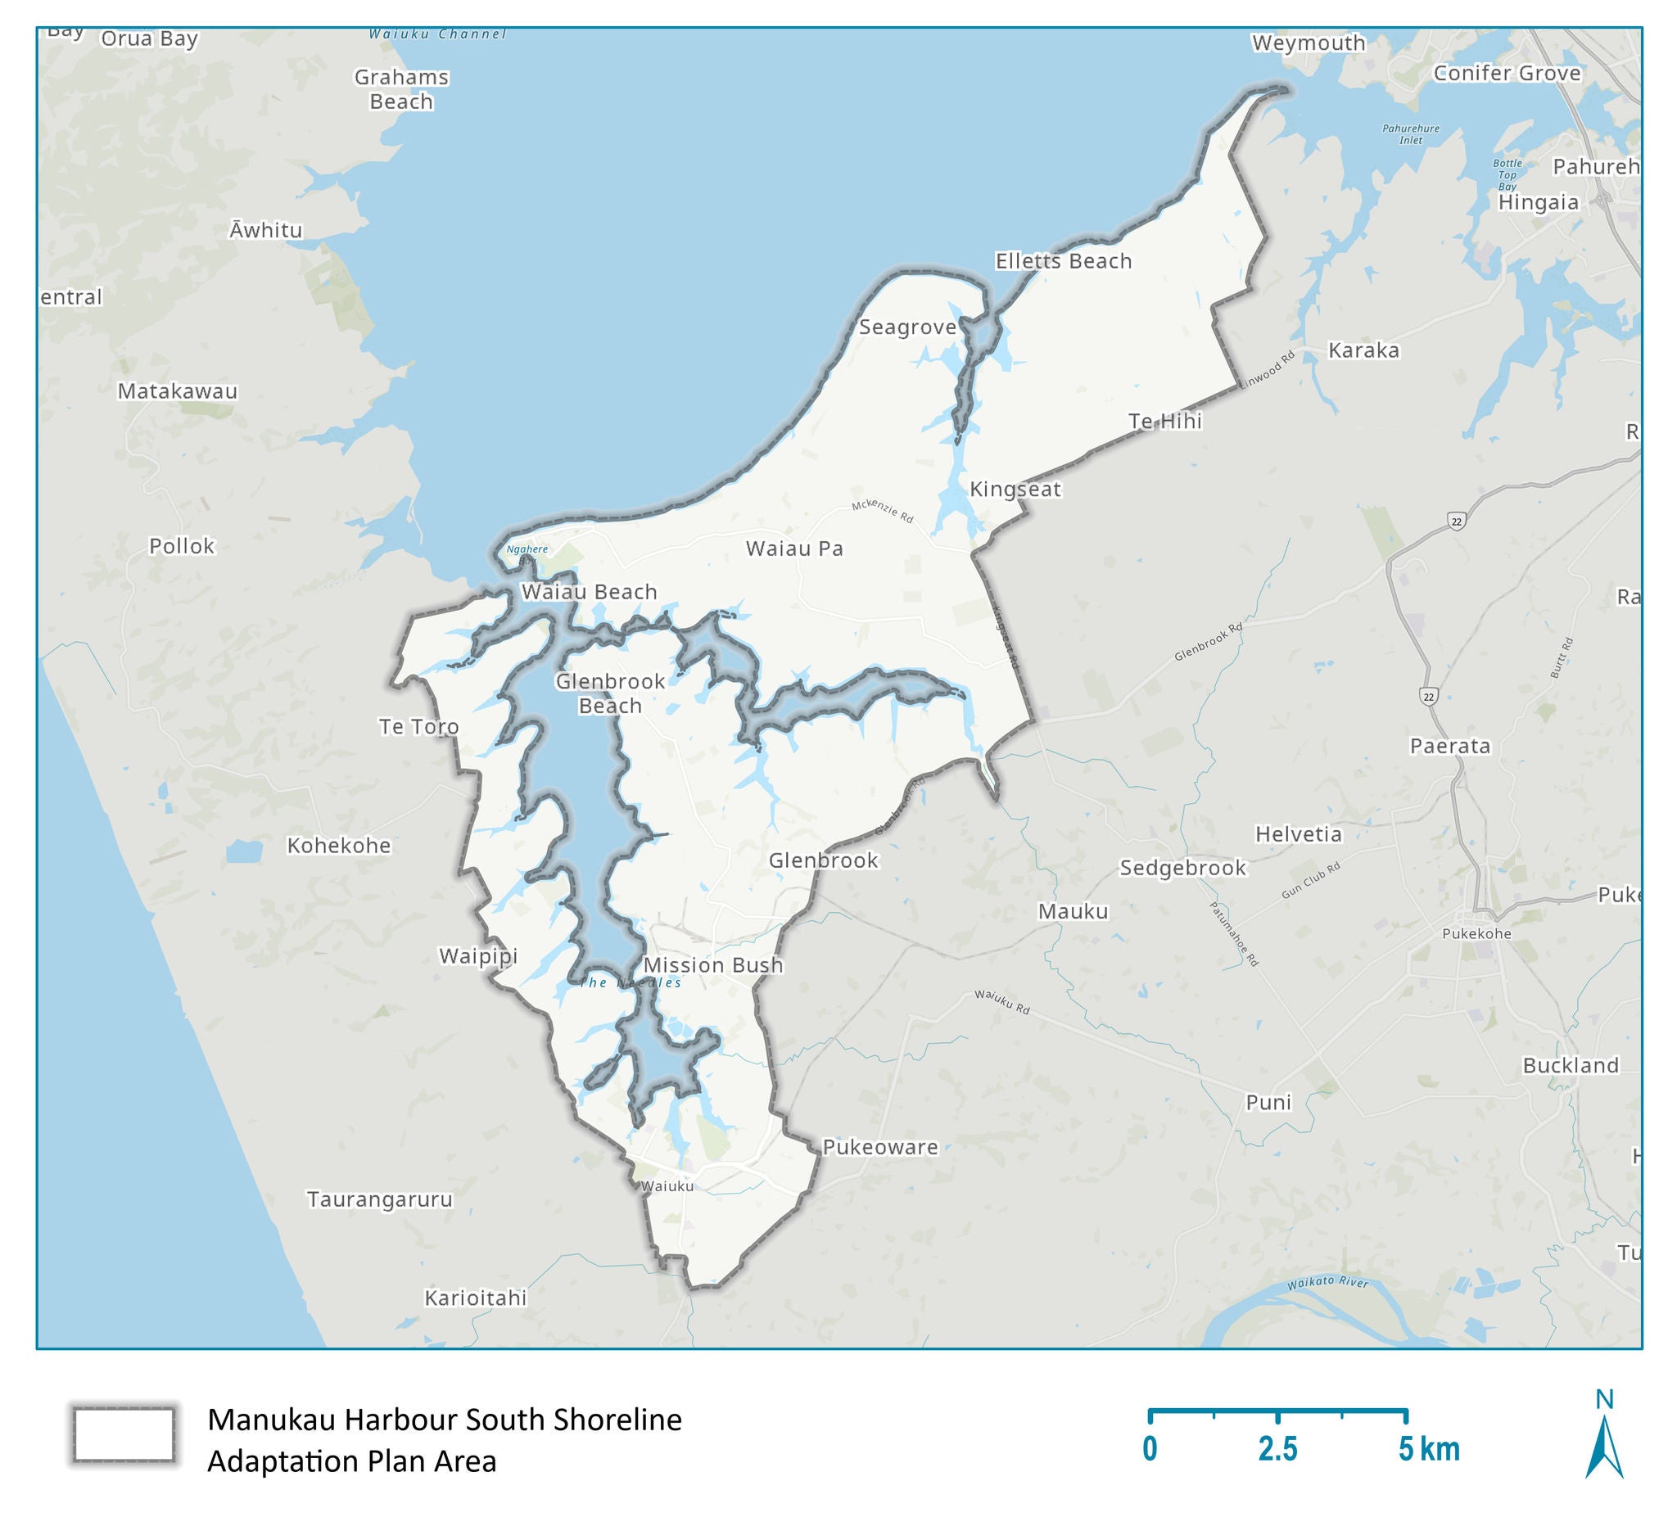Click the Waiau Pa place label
click(x=794, y=549)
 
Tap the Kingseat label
click(x=1015, y=489)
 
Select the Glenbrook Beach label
click(x=610, y=693)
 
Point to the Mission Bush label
click(x=713, y=964)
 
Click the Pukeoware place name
click(x=880, y=1147)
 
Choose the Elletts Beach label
click(x=1063, y=261)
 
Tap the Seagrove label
click(x=907, y=327)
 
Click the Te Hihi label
click(x=1164, y=422)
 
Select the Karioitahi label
click(x=475, y=1298)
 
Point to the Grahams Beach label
click(x=401, y=89)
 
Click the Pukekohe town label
click(x=1476, y=933)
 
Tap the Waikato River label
click(x=1327, y=1283)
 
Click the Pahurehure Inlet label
click(x=1411, y=134)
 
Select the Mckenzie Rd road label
click(x=882, y=512)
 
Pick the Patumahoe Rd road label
click(x=1234, y=933)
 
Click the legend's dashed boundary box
click(x=123, y=1434)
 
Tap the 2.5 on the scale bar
click(x=1277, y=1449)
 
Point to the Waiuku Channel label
click(x=437, y=34)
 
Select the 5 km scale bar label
click(x=1428, y=1449)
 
